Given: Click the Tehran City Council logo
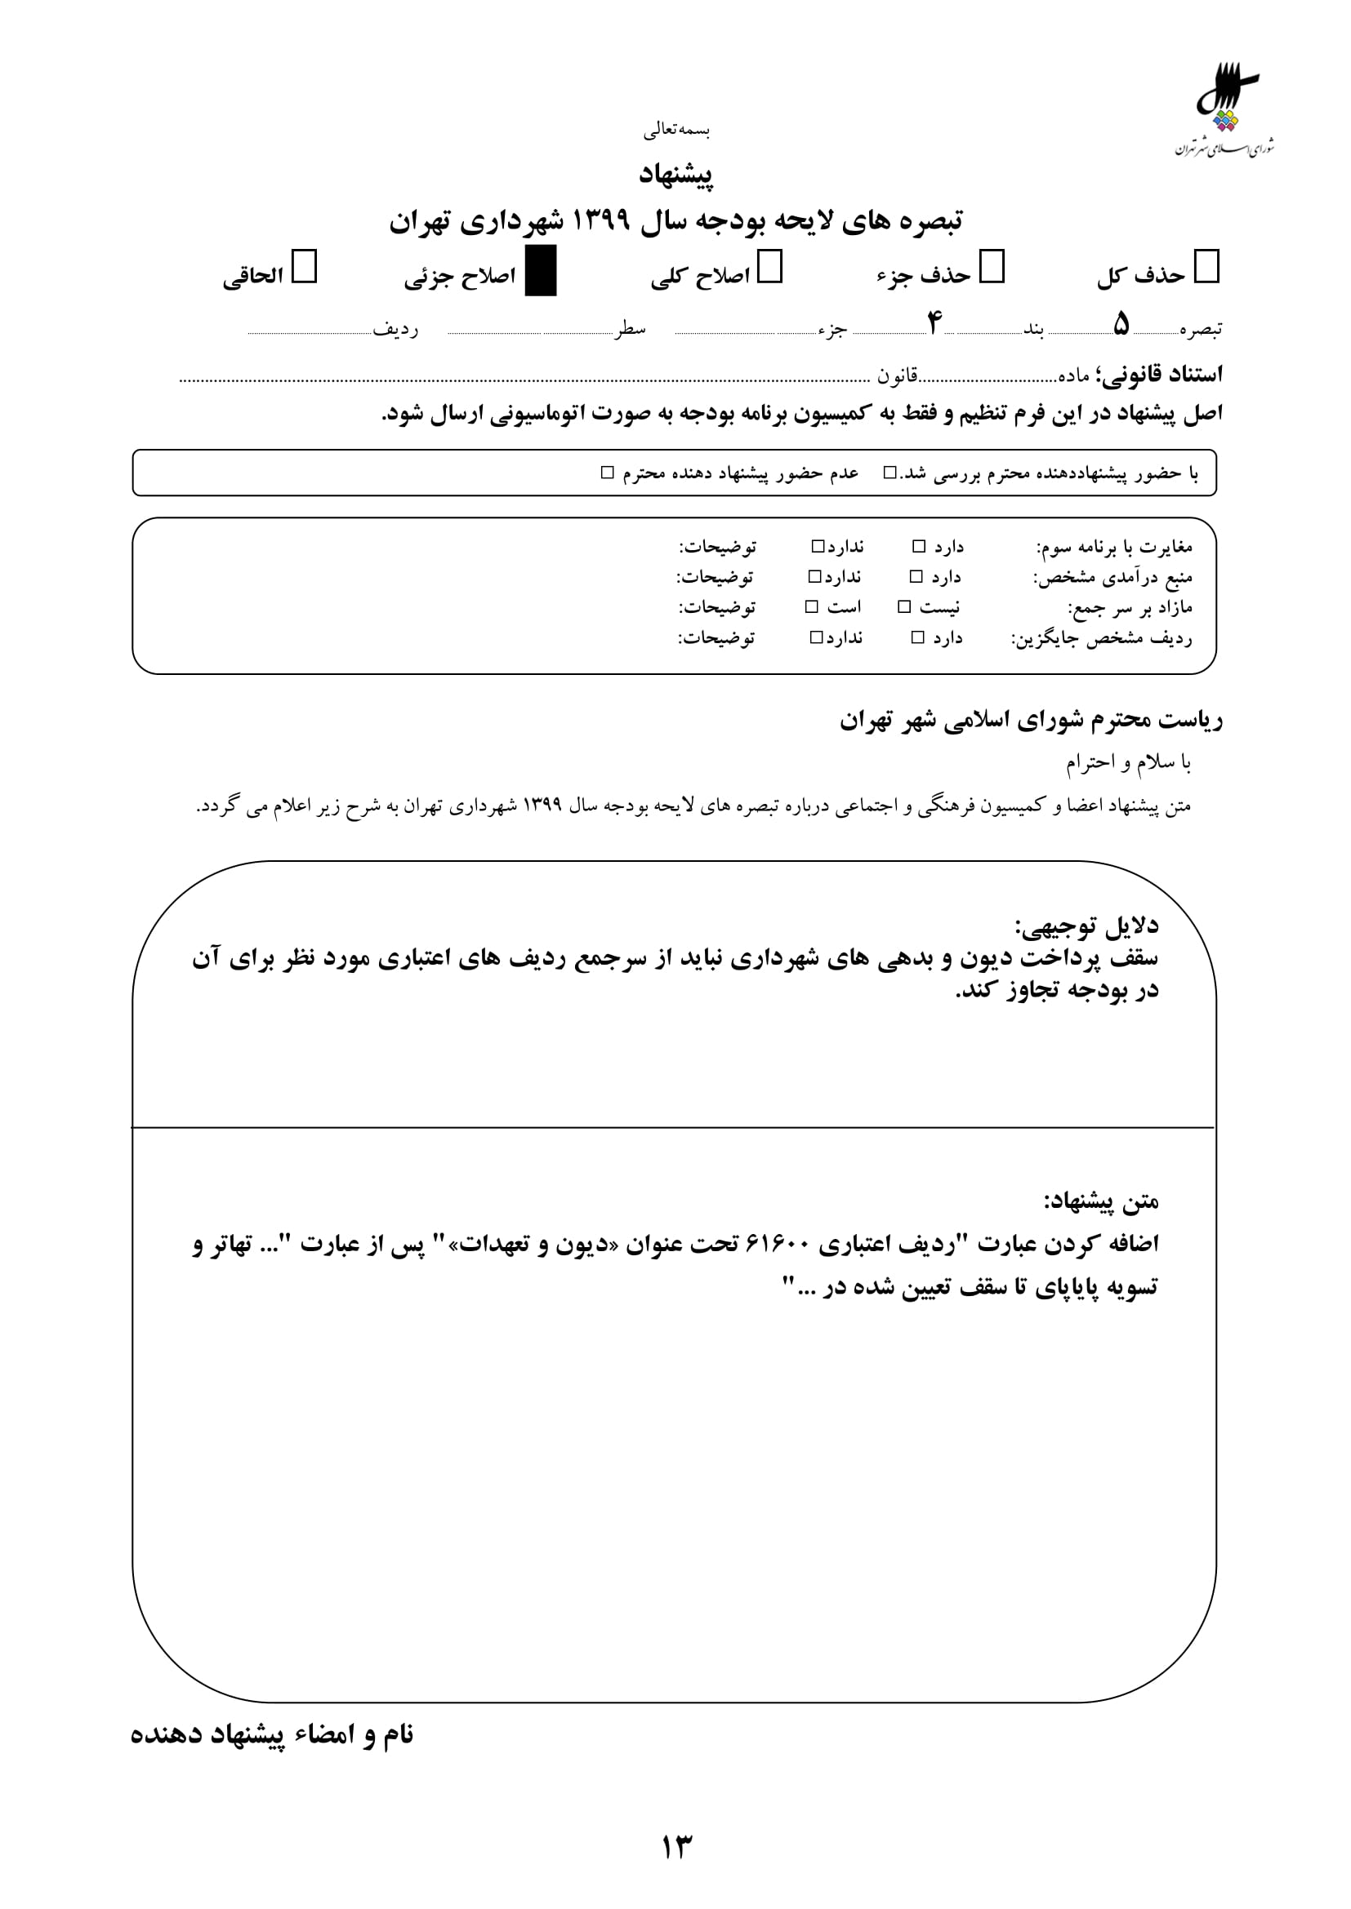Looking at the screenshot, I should tap(1225, 108).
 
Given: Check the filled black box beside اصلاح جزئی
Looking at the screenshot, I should tap(541, 271).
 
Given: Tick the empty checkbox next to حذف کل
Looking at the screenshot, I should tap(1206, 268).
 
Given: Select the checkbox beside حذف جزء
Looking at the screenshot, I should tap(992, 268).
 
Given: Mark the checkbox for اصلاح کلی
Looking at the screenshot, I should tap(769, 268).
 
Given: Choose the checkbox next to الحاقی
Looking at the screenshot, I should tap(305, 268).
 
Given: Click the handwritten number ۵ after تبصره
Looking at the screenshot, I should tap(1121, 324).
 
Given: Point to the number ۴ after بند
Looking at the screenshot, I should tap(934, 322).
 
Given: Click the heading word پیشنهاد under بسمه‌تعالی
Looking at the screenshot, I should tap(675, 175).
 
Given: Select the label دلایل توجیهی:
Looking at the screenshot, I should tap(1086, 926).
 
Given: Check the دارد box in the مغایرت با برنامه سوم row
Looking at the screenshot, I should tap(918, 546).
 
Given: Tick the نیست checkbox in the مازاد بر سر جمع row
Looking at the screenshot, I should tap(904, 607).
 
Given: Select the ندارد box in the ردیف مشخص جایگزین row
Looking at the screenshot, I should tap(817, 637).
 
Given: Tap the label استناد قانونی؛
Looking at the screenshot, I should tap(1159, 375).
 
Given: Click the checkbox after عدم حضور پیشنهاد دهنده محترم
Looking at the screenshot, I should tap(607, 473).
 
